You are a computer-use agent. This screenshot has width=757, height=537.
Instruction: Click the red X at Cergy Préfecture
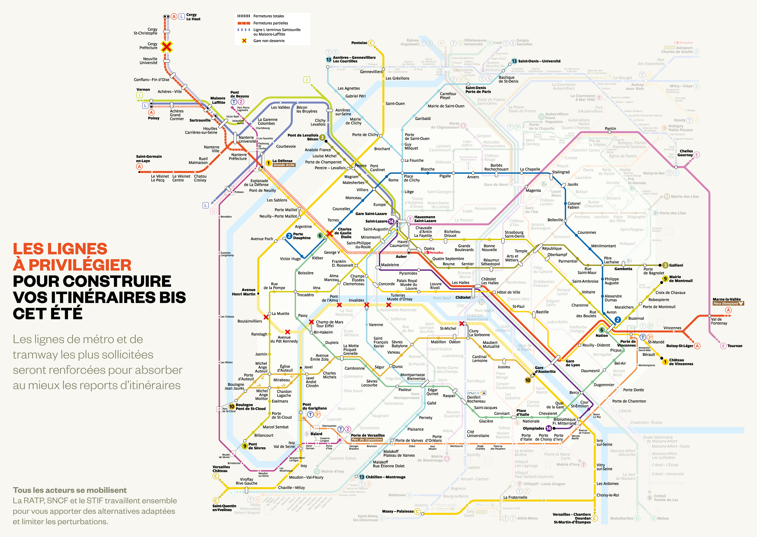(167, 47)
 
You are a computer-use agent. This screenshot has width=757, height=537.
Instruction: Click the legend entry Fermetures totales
(269, 16)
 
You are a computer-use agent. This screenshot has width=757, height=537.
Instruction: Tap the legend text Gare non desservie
(269, 41)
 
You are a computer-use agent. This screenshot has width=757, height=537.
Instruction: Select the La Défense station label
(282, 161)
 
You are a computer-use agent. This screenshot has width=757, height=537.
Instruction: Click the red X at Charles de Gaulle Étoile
(329, 233)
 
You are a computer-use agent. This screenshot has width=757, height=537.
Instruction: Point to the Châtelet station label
(463, 297)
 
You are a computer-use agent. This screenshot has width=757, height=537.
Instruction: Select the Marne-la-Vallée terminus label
(727, 299)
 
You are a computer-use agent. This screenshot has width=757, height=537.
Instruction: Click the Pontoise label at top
(359, 43)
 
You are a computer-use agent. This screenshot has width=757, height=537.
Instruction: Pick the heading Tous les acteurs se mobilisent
(70, 490)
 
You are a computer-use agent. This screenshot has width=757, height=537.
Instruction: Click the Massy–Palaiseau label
(398, 511)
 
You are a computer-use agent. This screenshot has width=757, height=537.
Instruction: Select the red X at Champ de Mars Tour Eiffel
(311, 322)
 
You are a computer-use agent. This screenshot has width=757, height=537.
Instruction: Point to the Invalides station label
(356, 300)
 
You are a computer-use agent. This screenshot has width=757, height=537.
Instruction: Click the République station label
(552, 248)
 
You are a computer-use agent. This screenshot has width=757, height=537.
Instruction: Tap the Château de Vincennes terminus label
(681, 362)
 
